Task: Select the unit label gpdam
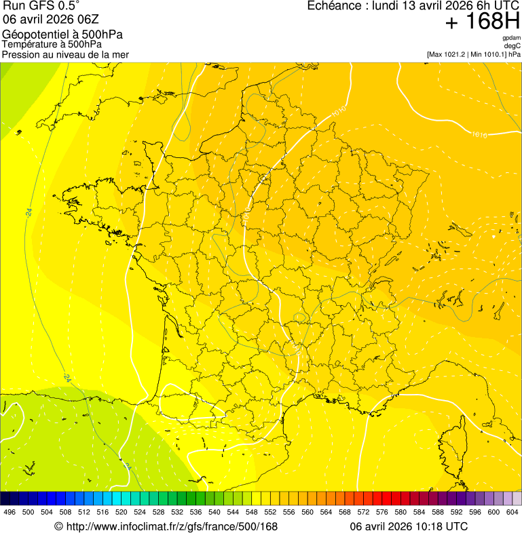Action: pyautogui.click(x=511, y=38)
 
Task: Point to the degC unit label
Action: pyautogui.click(x=512, y=45)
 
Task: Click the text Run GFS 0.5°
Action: pyautogui.click(x=41, y=6)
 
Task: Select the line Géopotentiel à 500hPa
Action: pyautogui.click(x=62, y=35)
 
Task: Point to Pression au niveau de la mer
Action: pyautogui.click(x=65, y=54)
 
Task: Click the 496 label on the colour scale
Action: pyautogui.click(x=10, y=513)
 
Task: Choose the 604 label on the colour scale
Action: pyautogui.click(x=512, y=513)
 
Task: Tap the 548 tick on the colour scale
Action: pyautogui.click(x=252, y=513)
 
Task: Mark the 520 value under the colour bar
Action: pyautogui.click(x=122, y=513)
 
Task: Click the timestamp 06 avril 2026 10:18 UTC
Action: pyautogui.click(x=409, y=526)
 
